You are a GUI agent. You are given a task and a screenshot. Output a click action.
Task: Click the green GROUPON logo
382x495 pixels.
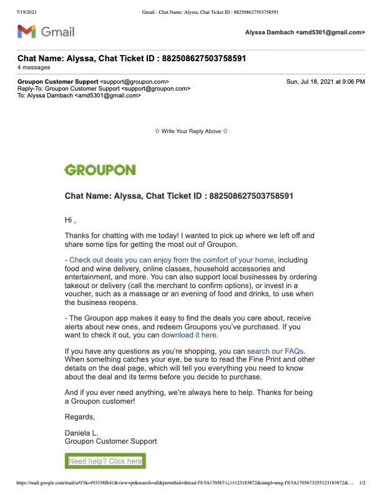coord(100,169)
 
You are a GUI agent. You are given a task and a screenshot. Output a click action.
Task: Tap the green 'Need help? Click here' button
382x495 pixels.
coord(105,461)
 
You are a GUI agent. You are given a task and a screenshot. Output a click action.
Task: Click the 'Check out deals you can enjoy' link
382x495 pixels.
coord(172,260)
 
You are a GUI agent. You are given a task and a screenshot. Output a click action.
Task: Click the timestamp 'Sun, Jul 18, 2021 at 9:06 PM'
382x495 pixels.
coord(325,82)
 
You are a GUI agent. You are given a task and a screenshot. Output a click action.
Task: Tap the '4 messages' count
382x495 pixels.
coord(34,67)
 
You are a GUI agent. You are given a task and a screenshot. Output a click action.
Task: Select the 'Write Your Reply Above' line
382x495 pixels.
coord(191,131)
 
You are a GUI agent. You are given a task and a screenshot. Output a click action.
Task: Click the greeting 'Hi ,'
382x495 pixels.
coord(71,220)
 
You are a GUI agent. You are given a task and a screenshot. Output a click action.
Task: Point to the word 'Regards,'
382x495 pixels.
coord(80,417)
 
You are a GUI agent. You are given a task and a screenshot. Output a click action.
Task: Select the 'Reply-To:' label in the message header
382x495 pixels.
coord(31,89)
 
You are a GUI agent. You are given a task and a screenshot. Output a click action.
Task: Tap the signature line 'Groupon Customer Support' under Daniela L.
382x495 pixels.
coord(110,441)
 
